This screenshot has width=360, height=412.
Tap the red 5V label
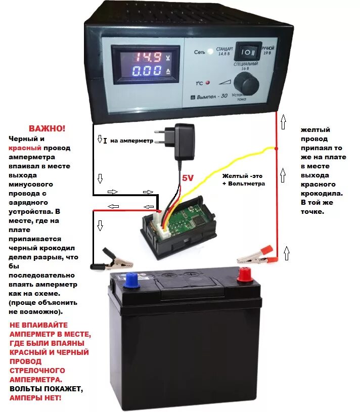coord(188,178)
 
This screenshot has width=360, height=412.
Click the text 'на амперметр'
coord(131,141)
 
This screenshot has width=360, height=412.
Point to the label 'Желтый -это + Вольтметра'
coord(243,180)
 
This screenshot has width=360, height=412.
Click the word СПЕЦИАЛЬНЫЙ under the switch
coord(246,65)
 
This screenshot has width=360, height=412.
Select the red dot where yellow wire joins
coord(276,148)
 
